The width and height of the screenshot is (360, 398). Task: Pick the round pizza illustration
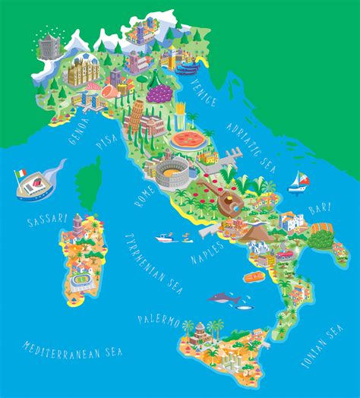pos(187,140)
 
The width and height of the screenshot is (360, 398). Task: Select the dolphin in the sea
pos(225,299)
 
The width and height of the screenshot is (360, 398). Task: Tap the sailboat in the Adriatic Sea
pos(298,181)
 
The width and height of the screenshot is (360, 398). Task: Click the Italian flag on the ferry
pos(20,174)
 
